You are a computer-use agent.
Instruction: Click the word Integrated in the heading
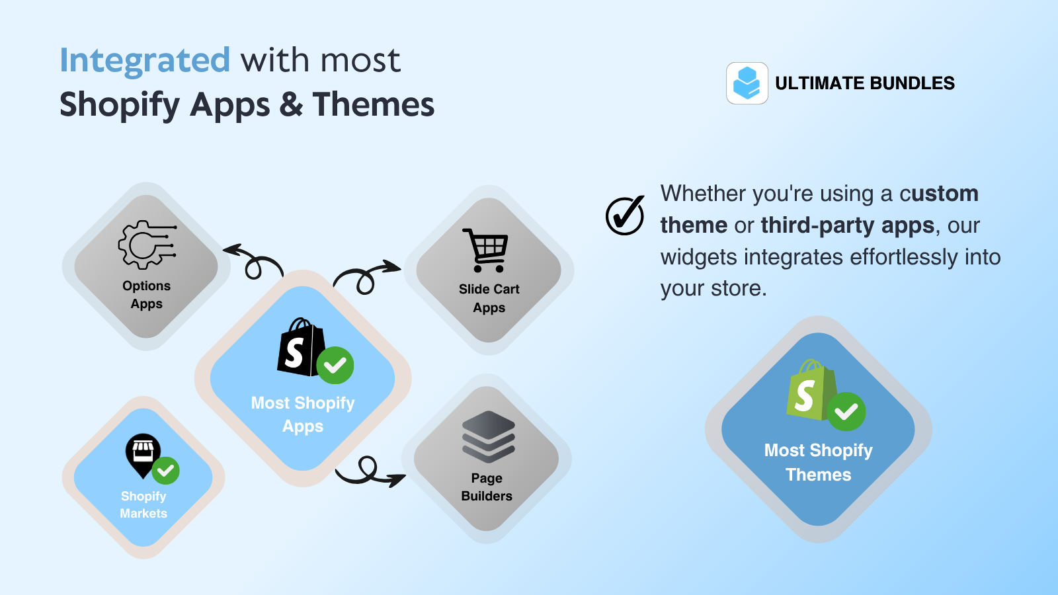tap(145, 60)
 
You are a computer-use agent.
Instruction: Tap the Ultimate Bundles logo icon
tap(747, 83)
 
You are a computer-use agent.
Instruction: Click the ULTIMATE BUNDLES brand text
tap(865, 83)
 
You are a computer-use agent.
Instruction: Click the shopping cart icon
tap(487, 250)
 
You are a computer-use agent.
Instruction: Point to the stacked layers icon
tap(488, 436)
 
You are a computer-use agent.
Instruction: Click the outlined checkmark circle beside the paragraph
tap(625, 216)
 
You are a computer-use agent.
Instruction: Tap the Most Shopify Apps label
tap(303, 415)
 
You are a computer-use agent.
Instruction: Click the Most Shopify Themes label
tap(819, 462)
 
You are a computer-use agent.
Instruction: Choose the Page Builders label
tap(487, 487)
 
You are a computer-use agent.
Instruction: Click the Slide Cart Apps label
tap(489, 298)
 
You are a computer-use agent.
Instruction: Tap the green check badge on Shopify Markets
tap(165, 471)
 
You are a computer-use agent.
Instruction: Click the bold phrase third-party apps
tap(848, 225)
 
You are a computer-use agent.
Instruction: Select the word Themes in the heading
tap(374, 104)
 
